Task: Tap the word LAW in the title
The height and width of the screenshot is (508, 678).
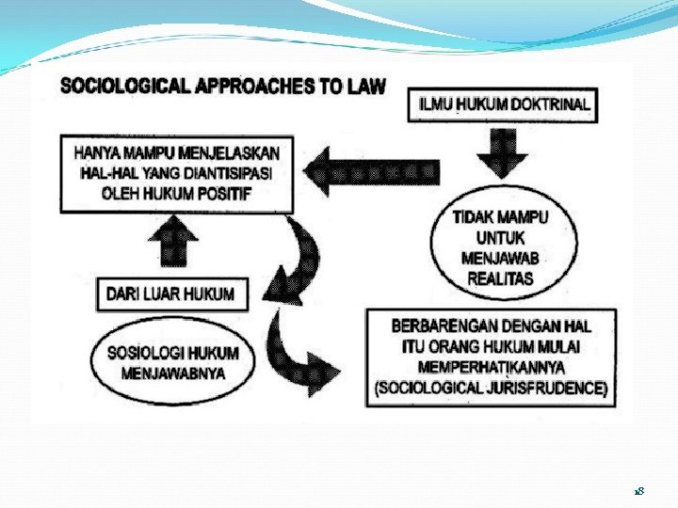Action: (367, 87)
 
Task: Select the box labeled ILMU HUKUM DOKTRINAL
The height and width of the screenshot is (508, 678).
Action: (504, 104)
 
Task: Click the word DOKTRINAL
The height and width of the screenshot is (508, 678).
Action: (551, 104)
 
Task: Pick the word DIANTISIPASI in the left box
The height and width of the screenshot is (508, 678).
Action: (225, 173)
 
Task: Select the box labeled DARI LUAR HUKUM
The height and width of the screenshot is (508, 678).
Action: (170, 294)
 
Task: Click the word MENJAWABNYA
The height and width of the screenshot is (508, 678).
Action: (173, 373)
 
